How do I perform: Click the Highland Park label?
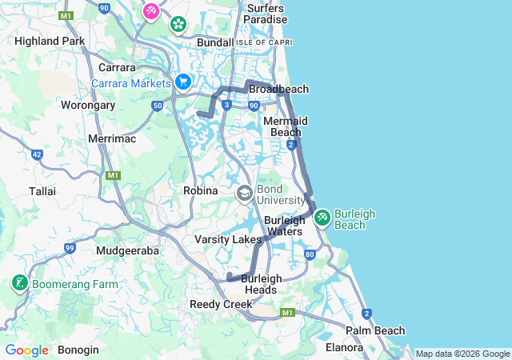[x=50, y=41]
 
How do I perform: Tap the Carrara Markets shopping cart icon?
[x=183, y=82]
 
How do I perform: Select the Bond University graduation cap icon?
[x=244, y=193]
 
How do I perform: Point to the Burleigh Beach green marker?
[x=322, y=217]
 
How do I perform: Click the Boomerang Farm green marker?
[x=18, y=283]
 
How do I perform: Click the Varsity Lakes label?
[x=228, y=239]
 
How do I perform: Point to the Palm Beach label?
[x=375, y=330]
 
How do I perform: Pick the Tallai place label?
[x=42, y=191]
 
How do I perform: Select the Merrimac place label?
[x=112, y=138]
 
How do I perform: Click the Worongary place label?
[x=88, y=105]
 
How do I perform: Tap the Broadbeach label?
[x=278, y=89]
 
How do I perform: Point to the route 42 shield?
[x=37, y=154]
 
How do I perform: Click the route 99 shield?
[x=70, y=249]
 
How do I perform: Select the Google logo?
[x=26, y=350]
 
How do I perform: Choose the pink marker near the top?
[x=150, y=11]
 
